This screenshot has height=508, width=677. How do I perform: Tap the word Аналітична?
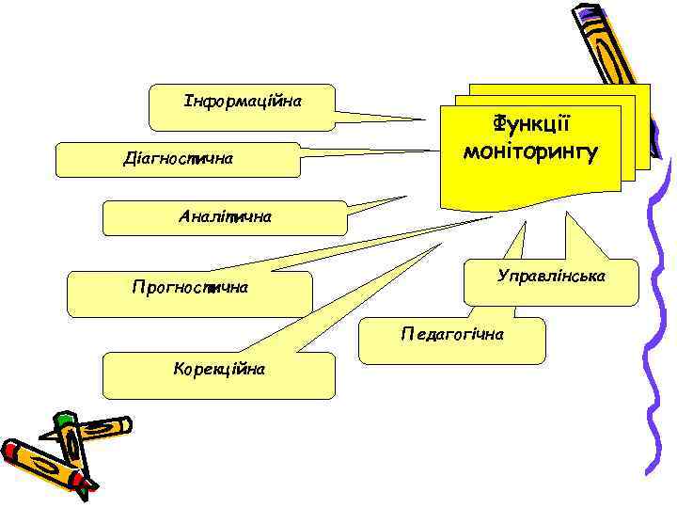click(225, 216)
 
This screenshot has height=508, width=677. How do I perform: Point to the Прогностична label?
click(190, 287)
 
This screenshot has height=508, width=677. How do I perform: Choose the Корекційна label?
click(219, 368)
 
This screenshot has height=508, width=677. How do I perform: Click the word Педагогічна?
click(452, 334)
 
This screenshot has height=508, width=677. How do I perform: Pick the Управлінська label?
click(552, 278)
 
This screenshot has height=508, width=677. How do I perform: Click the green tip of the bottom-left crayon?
click(63, 419)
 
